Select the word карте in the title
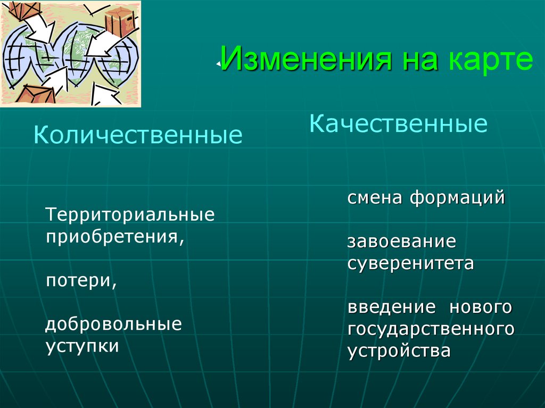[x=490, y=60]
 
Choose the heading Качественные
[x=399, y=124]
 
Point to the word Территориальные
[x=130, y=215]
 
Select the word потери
[x=79, y=280]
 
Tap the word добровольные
[x=113, y=324]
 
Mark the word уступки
[x=82, y=346]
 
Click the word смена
[x=375, y=198]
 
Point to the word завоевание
[x=402, y=242]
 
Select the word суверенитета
[x=410, y=263]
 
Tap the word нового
[x=481, y=307]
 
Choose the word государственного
[x=431, y=329]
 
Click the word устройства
[x=399, y=351]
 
